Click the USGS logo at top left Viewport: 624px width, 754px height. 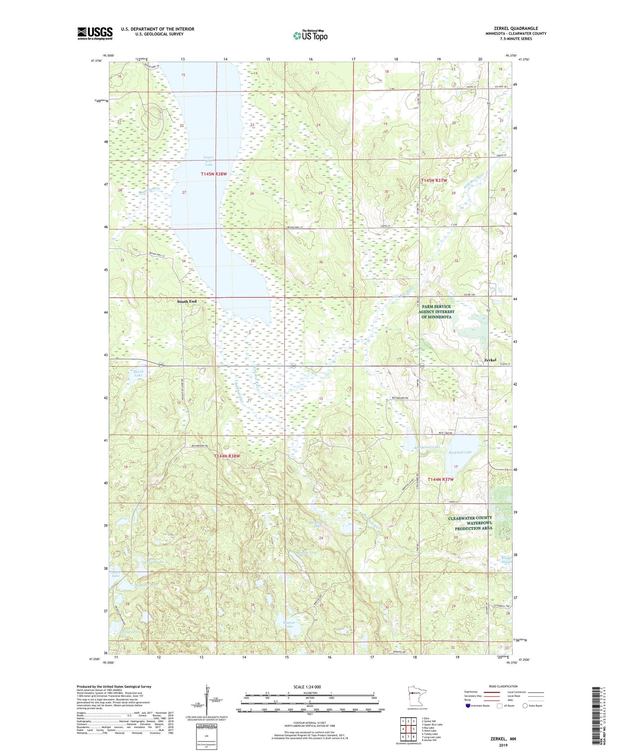tap(95, 33)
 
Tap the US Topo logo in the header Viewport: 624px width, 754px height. tap(310, 35)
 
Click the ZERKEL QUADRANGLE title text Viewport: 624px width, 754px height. tap(516, 29)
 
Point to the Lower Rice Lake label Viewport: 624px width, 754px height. tap(209, 161)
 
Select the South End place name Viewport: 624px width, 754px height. tap(187, 301)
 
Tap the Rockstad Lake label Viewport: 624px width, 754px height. tap(460, 452)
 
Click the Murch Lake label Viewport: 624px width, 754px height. tap(138, 374)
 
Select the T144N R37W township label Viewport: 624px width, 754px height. tap(440, 479)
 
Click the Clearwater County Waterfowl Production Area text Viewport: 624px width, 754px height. tap(470, 523)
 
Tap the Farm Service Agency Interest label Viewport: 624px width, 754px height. tap(436, 311)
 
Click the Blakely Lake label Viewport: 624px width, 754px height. tap(307, 552)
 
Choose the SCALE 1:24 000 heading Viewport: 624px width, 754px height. tap(307, 687)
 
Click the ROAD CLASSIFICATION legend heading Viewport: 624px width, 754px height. tap(503, 686)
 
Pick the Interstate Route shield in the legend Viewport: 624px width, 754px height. tap(468, 706)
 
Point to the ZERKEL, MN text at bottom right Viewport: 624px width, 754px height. tap(503, 739)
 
